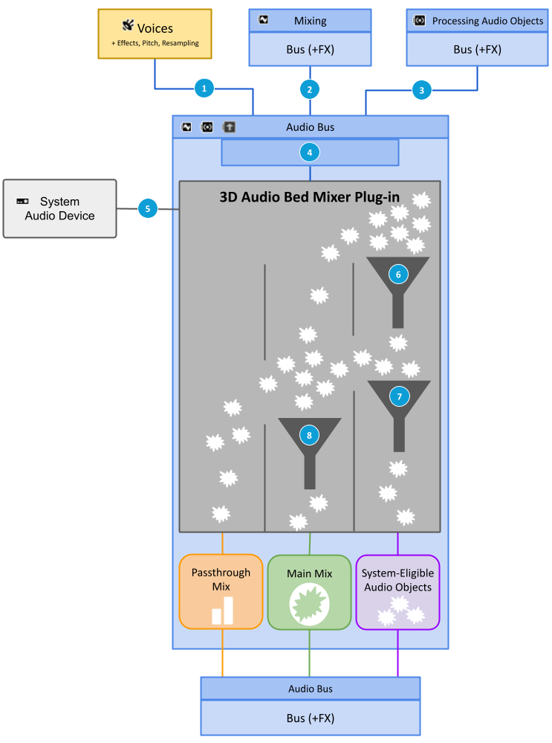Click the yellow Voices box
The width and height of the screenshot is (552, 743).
coord(155,34)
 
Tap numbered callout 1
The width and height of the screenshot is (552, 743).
coord(204,89)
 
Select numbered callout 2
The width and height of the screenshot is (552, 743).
coord(309,89)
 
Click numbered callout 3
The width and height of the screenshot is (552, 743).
coord(422,90)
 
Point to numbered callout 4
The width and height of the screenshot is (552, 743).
coord(309,152)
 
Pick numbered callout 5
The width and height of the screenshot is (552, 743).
coord(148,209)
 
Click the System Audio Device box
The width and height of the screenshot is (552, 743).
coord(59,208)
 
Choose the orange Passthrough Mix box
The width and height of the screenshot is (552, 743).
coord(221,592)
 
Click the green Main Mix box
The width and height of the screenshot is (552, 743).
coord(309,592)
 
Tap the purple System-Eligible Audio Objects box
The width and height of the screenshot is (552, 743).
coord(398,592)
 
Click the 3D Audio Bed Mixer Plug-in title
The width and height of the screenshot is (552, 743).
coord(309,197)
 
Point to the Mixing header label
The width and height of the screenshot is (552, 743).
coord(310,21)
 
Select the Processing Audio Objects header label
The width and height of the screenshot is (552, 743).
coord(487,21)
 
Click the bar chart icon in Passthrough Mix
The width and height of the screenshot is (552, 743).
coord(222,610)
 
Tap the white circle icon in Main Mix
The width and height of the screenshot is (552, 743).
coord(309,603)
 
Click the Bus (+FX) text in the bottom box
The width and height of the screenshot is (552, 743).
coord(310,718)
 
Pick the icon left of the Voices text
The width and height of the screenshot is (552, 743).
coord(128,26)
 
